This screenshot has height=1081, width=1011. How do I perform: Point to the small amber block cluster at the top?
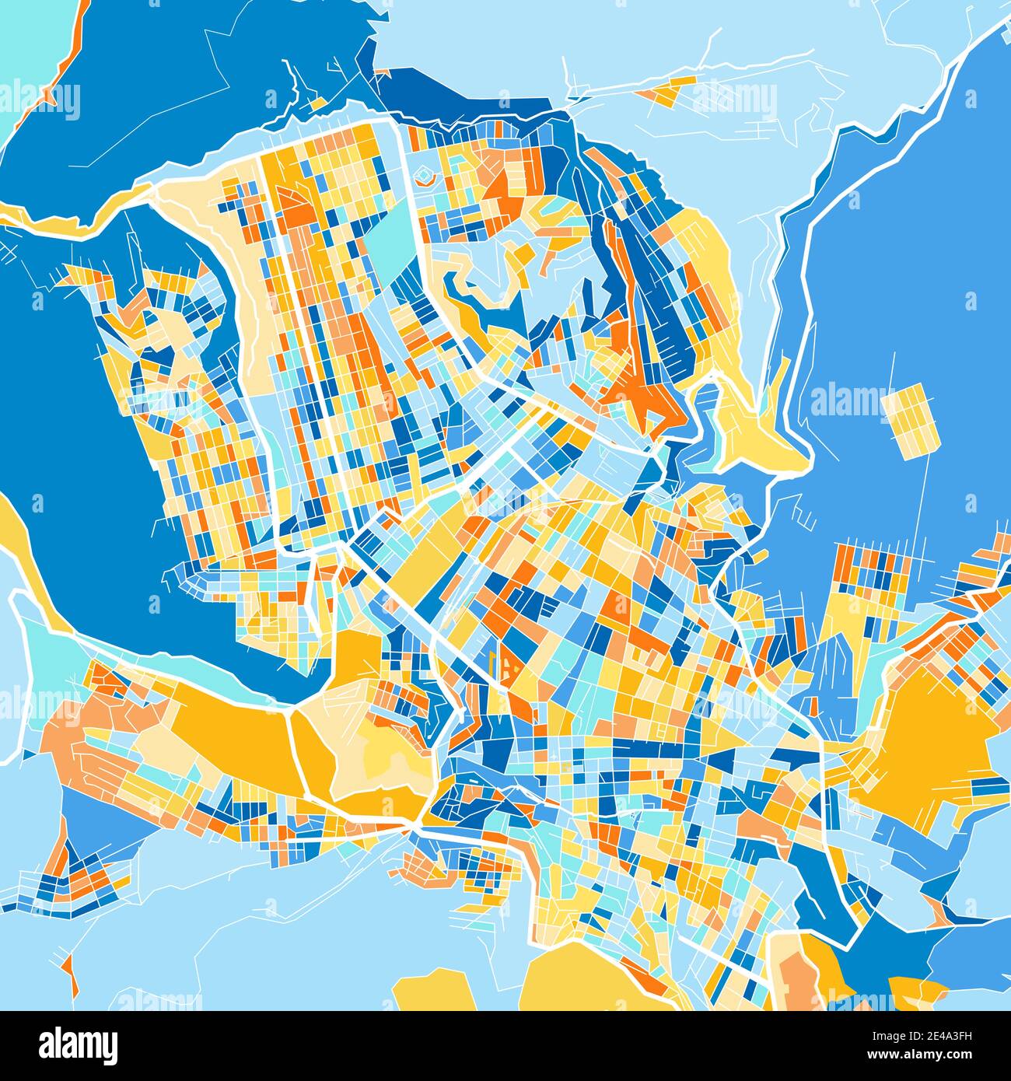666,90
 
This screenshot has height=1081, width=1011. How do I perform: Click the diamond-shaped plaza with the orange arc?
425,177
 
